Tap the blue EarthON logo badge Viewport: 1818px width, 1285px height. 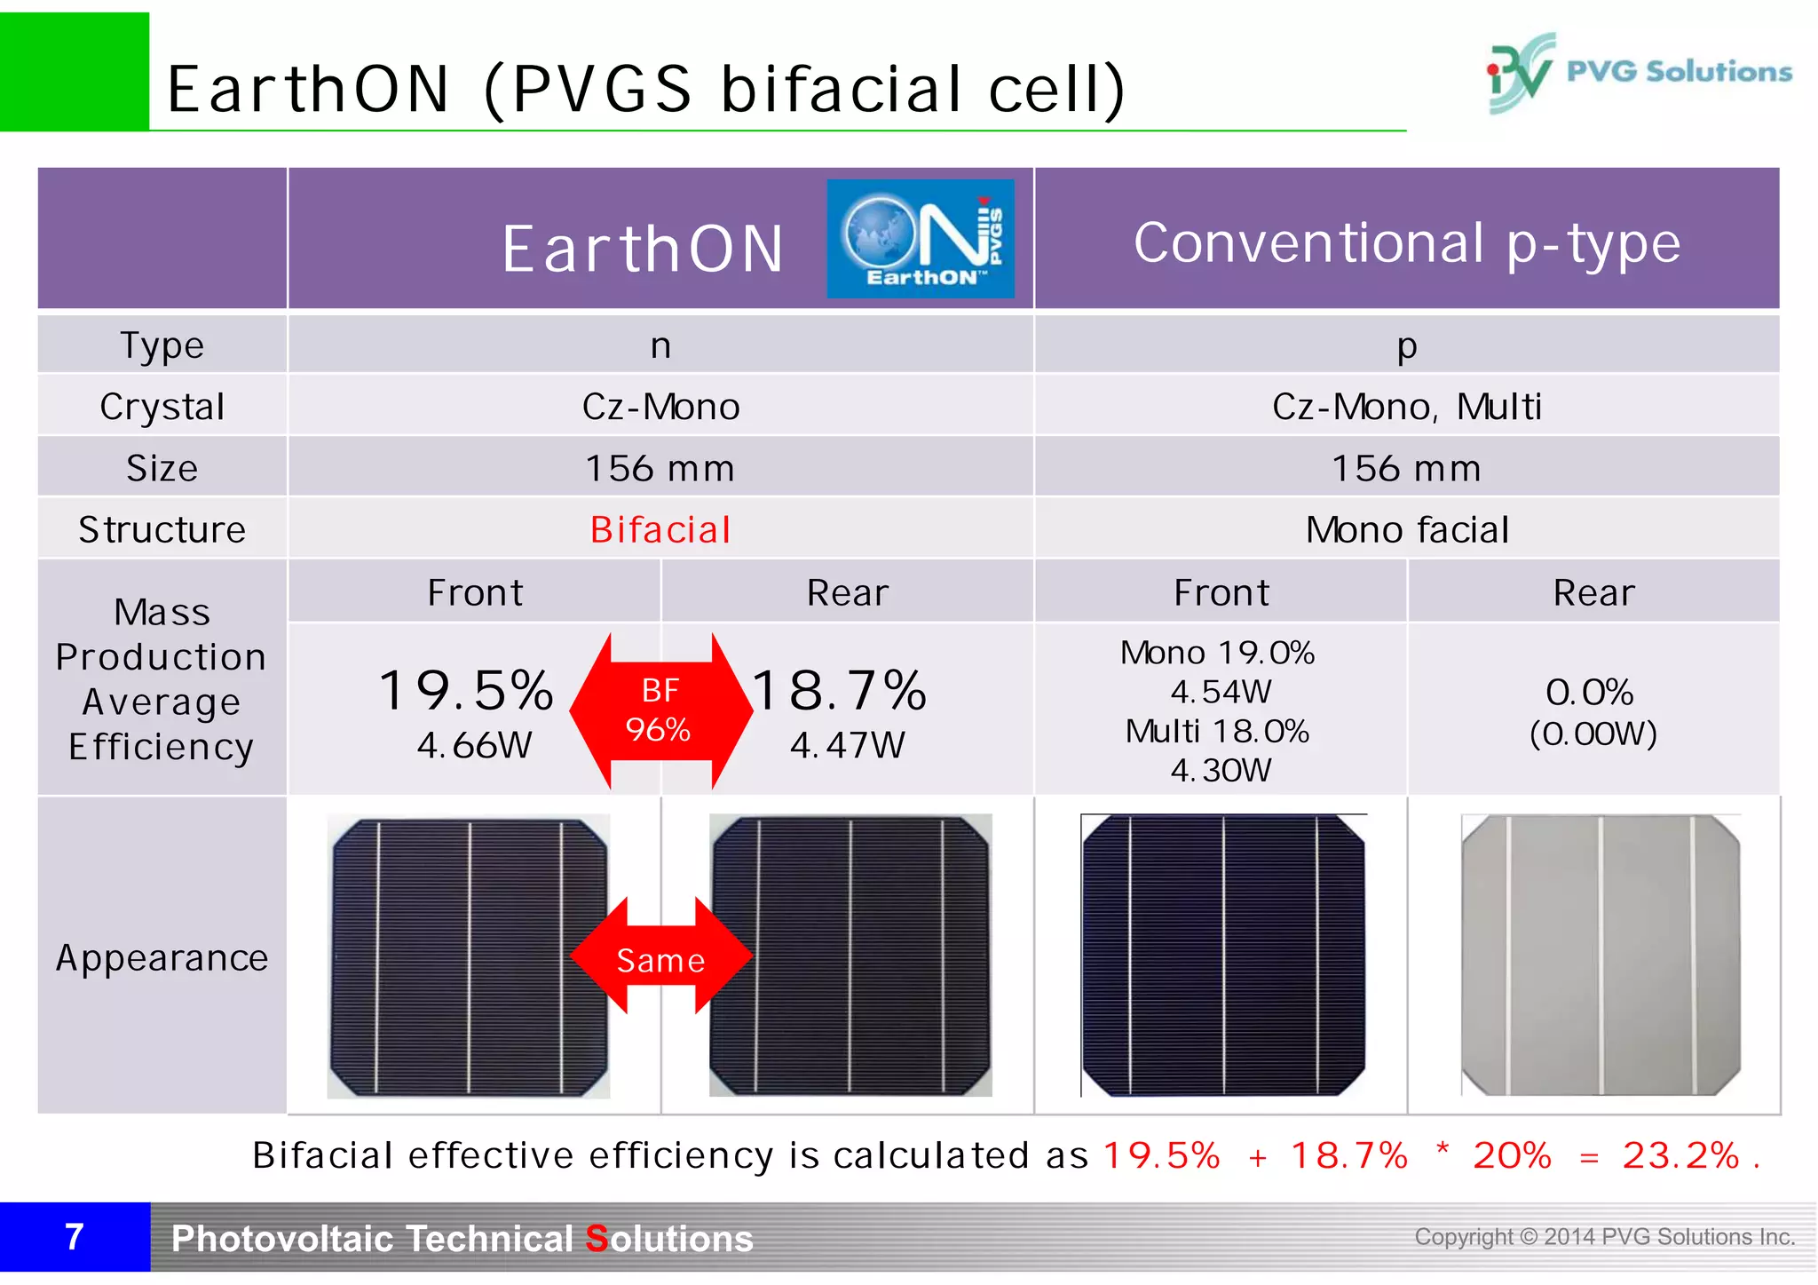(x=920, y=239)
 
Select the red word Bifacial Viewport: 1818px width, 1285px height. (x=660, y=530)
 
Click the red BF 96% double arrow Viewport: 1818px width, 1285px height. (x=660, y=710)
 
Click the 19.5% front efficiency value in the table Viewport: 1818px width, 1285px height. (x=467, y=691)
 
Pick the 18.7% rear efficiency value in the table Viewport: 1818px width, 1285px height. (x=840, y=691)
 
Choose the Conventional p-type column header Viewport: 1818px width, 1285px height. (x=1407, y=242)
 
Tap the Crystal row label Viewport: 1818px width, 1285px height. (x=162, y=407)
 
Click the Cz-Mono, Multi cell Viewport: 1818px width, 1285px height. (x=1407, y=407)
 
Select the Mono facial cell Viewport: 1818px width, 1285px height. (x=1407, y=530)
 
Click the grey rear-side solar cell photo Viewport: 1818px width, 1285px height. (x=1601, y=956)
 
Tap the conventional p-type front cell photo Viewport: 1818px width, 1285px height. (x=1222, y=956)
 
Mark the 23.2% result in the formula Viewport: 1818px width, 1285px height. (x=1680, y=1155)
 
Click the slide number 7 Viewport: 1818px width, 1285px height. (x=75, y=1237)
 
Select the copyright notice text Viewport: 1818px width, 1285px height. (x=1604, y=1237)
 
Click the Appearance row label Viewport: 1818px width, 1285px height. (x=162, y=958)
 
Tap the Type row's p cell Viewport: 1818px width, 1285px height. (x=1407, y=345)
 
